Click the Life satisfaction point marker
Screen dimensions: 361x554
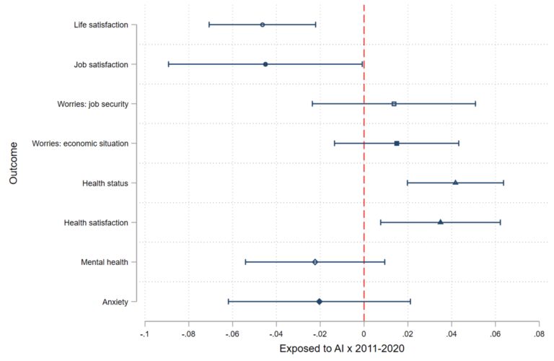click(x=262, y=25)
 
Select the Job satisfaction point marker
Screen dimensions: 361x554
click(x=265, y=64)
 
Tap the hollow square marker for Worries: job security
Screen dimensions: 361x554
click(x=394, y=104)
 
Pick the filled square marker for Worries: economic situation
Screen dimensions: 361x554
click(x=397, y=144)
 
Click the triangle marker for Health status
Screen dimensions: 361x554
click(x=455, y=183)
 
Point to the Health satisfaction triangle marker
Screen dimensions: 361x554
click(x=441, y=222)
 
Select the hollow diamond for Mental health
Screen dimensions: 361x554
click(x=315, y=261)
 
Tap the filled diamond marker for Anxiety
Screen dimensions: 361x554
click(x=319, y=301)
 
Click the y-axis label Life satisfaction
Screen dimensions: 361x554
click(x=101, y=25)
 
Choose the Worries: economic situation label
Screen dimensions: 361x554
click(x=80, y=144)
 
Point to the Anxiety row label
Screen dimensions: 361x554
click(x=115, y=302)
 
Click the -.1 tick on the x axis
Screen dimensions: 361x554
click(x=145, y=335)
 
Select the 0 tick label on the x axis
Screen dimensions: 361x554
click(x=364, y=335)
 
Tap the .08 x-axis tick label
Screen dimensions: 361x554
click(x=538, y=335)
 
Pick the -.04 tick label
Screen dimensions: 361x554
click(x=276, y=335)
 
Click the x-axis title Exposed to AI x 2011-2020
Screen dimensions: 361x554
click(x=342, y=349)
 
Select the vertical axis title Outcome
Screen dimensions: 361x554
click(x=14, y=163)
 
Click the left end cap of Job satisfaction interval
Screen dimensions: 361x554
click(x=169, y=64)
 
